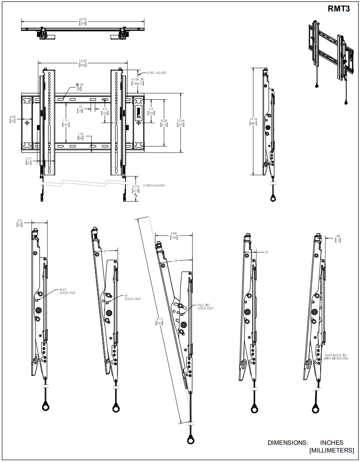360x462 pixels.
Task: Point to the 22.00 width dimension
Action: pos(82,21)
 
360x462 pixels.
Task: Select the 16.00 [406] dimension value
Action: pos(82,63)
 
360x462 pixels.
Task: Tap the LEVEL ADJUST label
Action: pos(157,73)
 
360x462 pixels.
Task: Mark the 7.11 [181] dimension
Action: pos(66,123)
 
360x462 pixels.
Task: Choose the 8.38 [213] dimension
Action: pos(164,123)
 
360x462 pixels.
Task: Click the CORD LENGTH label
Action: pos(154,185)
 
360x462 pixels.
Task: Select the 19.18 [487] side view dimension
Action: pos(253,121)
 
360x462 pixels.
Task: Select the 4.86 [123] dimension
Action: pos(173,235)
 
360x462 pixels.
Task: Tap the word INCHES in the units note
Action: pos(331,442)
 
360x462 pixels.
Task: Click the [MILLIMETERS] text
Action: pos(331,450)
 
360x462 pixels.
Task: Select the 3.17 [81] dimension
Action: pos(28,161)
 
